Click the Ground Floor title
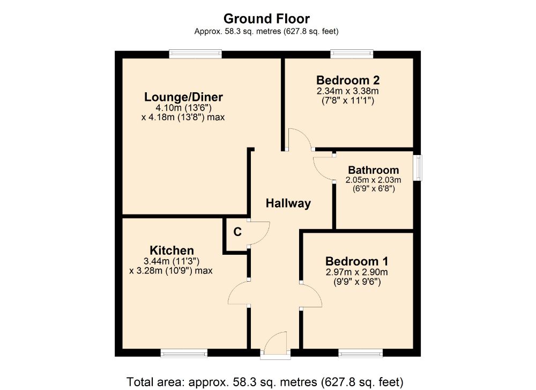(266, 19)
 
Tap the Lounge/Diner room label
(183, 97)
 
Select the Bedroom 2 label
(348, 80)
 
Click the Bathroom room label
(374, 170)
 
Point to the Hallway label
(288, 203)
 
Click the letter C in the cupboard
(236, 232)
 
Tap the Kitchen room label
(172, 251)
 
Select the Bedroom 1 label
(356, 261)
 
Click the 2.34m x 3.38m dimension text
(348, 91)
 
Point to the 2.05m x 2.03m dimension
(374, 180)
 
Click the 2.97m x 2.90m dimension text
(356, 272)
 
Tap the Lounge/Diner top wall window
(195, 53)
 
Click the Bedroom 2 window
(352, 53)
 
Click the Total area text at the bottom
(264, 382)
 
